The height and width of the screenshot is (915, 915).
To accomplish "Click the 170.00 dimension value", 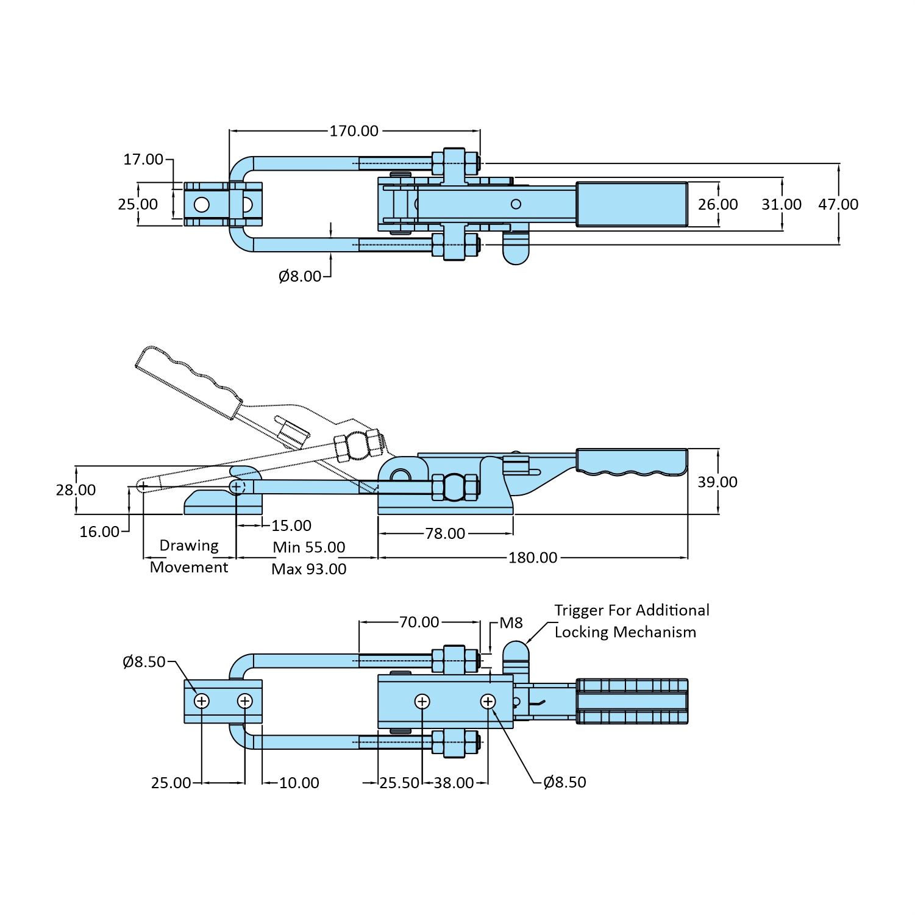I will point(354,131).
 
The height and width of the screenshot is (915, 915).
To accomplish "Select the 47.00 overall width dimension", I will point(838,204).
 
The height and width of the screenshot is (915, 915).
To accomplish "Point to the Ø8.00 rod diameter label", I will point(299,277).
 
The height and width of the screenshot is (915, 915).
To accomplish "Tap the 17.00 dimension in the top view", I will point(143,160).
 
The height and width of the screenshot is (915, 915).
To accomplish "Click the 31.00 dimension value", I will point(781,204).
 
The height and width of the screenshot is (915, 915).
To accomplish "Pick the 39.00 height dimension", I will point(717,482).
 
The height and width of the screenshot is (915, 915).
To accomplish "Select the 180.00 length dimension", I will point(532,558).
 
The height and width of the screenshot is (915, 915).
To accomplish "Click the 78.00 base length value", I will point(445,533).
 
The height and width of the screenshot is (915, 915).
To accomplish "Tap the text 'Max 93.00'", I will point(309,569).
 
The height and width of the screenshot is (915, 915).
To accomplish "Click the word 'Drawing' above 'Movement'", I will point(189,546).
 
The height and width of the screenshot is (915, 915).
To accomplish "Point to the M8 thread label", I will point(511,623).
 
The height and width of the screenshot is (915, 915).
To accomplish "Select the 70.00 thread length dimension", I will point(419,622).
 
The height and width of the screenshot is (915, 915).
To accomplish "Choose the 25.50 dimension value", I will point(399,783).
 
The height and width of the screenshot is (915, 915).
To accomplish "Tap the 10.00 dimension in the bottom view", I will point(299,783).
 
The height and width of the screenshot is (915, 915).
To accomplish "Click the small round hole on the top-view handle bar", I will point(516,204).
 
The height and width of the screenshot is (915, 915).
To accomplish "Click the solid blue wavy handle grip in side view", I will point(632,461).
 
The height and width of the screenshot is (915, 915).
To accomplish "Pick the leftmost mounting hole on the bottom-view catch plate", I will point(202,701).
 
